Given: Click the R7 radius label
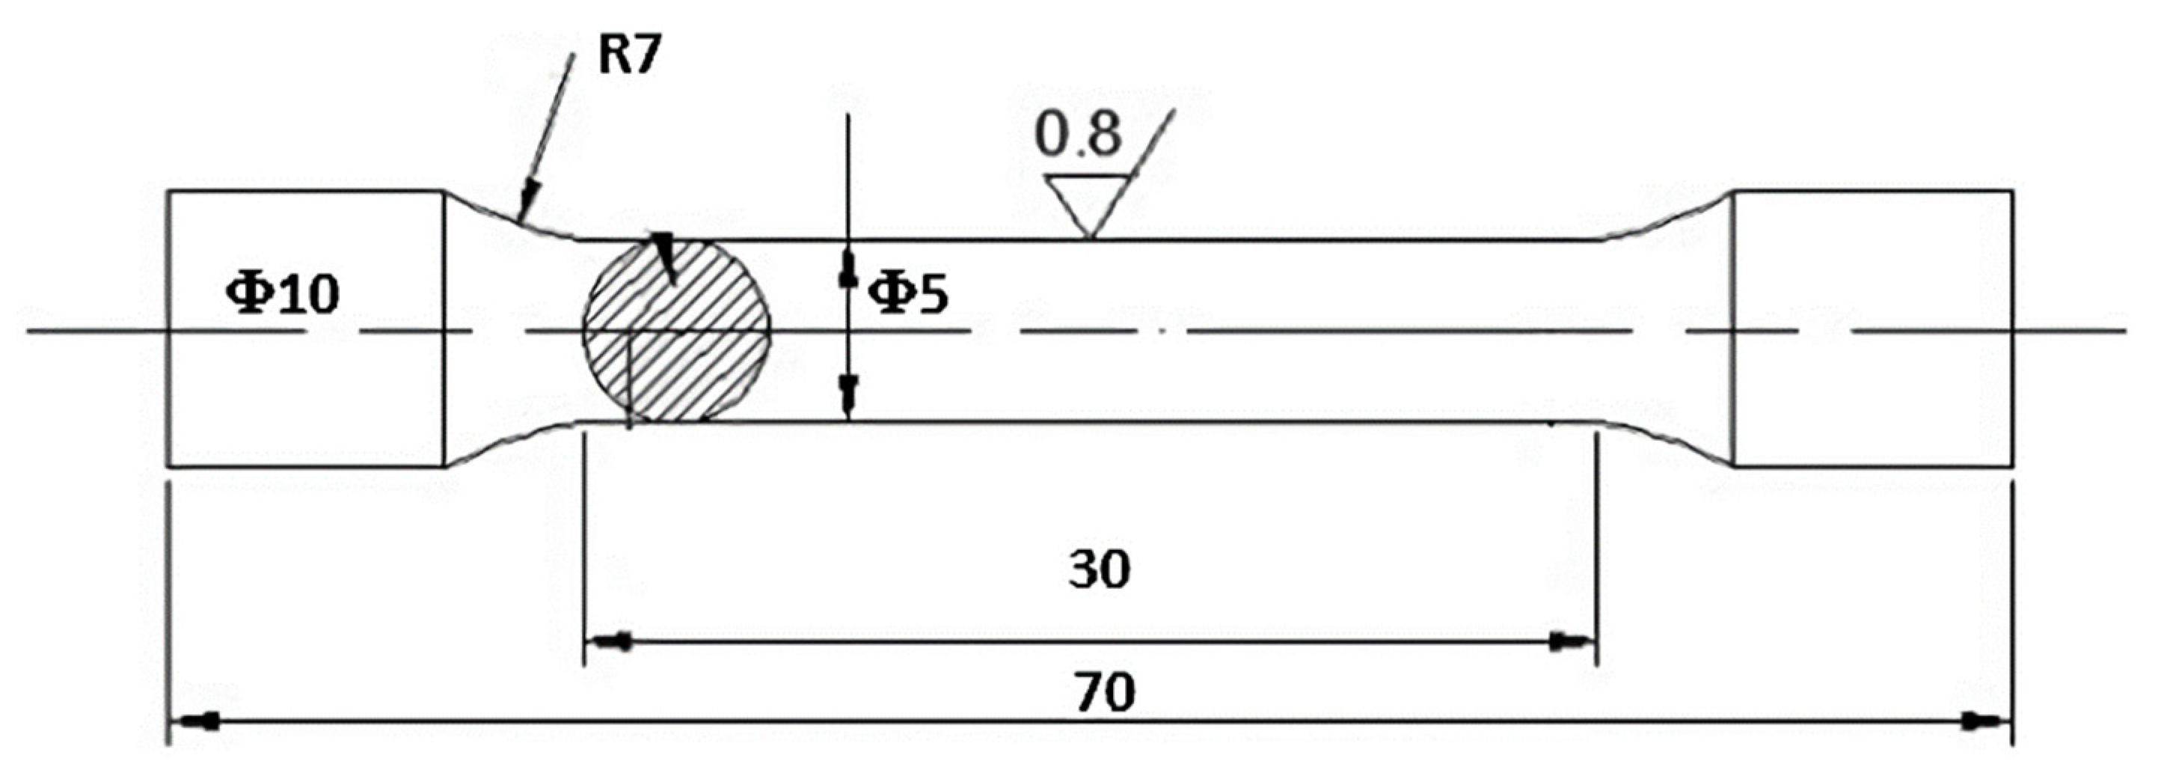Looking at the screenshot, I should [x=629, y=57].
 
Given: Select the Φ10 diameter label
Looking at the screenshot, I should [x=283, y=295].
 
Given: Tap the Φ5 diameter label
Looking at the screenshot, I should [x=907, y=295].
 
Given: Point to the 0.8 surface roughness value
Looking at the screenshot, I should [x=1077, y=134].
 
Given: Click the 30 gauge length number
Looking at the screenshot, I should [x=1099, y=569].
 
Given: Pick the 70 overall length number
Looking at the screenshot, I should [x=1105, y=693].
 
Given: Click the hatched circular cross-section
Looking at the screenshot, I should [x=677, y=331].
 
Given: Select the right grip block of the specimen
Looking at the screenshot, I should [x=1872, y=329].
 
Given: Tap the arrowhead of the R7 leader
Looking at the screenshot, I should [x=525, y=210].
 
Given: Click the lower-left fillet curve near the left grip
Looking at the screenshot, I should [x=511, y=442].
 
